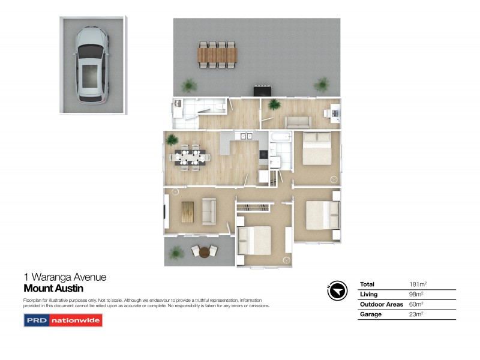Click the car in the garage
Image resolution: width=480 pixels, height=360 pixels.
coord(91,65)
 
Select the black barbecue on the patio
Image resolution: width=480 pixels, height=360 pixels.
coord(262,91)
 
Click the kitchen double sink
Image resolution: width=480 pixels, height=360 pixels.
coord(246,136)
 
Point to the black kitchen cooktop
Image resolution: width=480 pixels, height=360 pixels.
coord(263,154)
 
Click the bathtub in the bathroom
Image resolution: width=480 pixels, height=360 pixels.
coord(280,137)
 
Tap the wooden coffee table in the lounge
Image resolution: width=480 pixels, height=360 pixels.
coord(188,212)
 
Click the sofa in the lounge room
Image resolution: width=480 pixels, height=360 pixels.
coord(209,211)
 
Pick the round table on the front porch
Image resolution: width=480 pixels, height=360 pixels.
coord(205,252)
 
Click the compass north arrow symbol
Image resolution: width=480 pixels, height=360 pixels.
coord(337,290)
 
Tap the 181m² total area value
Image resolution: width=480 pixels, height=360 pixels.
coord(418,284)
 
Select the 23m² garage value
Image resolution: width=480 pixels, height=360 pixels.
coord(416,314)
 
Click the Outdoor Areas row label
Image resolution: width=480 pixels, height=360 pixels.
coord(382,304)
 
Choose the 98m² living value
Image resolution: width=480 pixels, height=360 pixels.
coord(416,294)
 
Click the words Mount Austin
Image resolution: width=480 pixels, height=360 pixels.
coord(53,289)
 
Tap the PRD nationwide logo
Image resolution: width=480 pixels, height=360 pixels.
coord(63,320)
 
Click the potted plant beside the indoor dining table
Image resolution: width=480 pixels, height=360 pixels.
coord(172,140)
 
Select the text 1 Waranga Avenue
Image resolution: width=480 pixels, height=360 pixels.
coord(65,277)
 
